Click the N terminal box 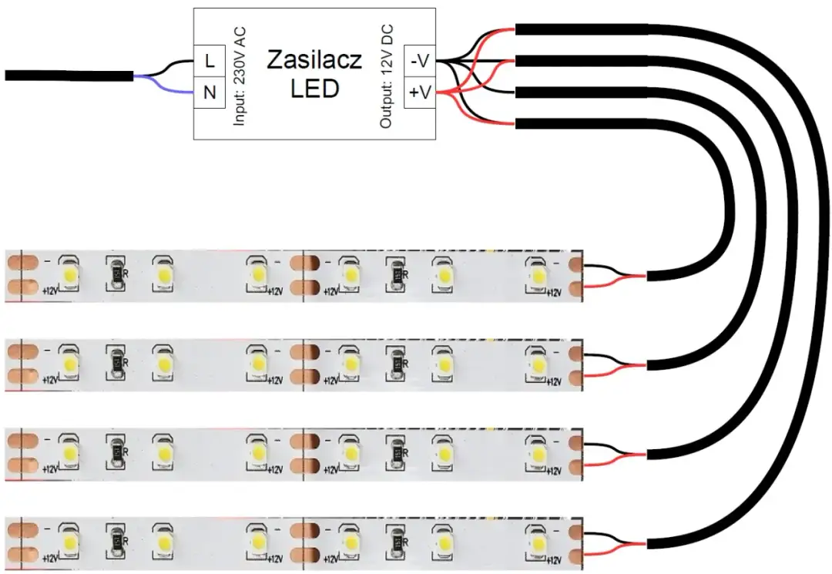(209, 93)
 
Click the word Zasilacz (314, 61)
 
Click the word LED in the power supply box (314, 89)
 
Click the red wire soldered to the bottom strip (616, 550)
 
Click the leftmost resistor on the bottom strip (116, 541)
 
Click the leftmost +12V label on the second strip (49, 379)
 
